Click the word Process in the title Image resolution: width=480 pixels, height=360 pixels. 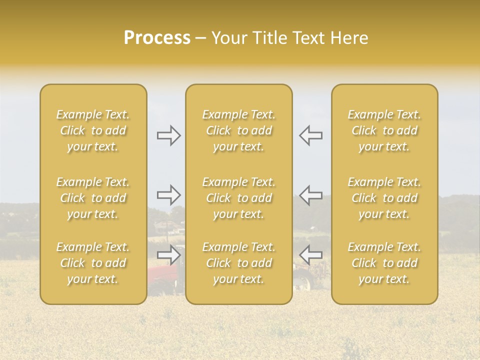click(x=157, y=38)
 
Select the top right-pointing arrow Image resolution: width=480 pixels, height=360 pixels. click(x=169, y=135)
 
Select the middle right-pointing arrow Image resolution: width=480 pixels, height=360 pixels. click(x=169, y=195)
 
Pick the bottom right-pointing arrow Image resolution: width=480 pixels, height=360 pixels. click(x=169, y=255)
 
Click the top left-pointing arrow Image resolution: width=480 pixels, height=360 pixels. click(x=310, y=135)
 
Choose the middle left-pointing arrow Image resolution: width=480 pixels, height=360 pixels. click(x=310, y=195)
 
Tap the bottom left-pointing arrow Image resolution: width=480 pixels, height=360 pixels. click(x=310, y=255)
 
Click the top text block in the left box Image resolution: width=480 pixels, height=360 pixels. click(x=93, y=130)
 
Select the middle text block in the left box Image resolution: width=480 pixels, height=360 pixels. click(x=93, y=198)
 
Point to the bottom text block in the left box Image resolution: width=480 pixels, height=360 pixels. click(x=93, y=263)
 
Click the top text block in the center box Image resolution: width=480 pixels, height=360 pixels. click(x=239, y=130)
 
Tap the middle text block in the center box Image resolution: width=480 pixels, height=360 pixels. click(x=239, y=198)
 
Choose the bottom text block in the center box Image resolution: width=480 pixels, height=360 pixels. click(x=239, y=263)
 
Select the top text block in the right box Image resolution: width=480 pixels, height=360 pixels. click(x=384, y=130)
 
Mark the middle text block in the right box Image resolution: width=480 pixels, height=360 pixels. click(x=384, y=198)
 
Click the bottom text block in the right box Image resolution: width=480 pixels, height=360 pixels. click(x=384, y=263)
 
